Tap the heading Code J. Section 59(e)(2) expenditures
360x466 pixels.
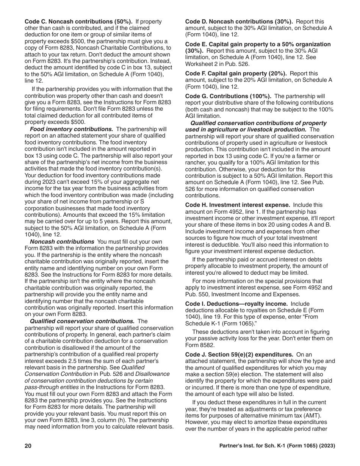point(239,355)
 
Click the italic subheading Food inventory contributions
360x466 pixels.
point(71,129)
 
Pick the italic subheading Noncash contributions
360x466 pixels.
point(62,241)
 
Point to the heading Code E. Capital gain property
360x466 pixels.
point(258,44)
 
